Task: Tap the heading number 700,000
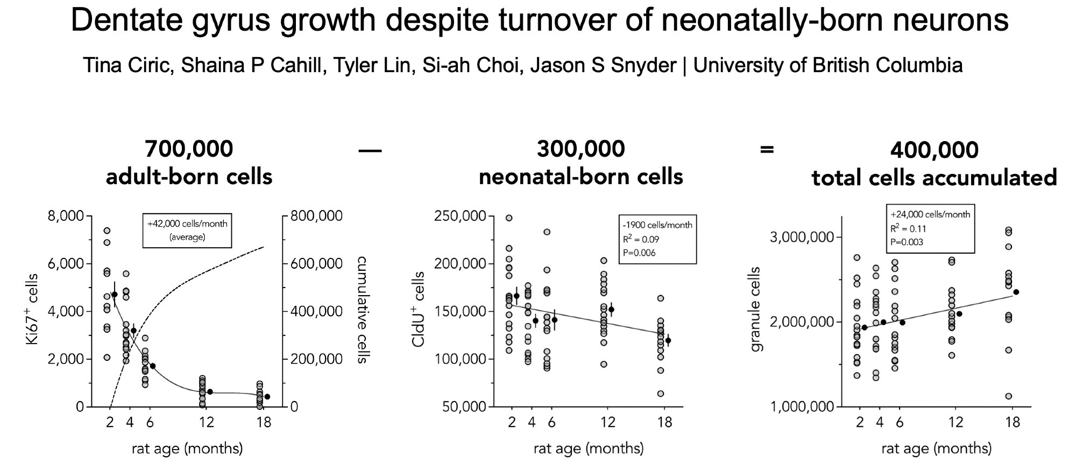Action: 189,149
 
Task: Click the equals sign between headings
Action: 767,149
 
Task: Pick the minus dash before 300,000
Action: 370,151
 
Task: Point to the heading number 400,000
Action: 934,150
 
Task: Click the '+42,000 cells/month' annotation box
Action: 187,230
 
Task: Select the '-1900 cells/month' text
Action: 657,225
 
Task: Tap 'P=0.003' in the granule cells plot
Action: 907,242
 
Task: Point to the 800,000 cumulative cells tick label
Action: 316,216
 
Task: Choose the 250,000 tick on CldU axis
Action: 464,216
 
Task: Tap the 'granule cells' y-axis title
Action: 757,310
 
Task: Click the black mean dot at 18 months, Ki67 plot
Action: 267,396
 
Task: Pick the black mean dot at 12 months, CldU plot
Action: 611,310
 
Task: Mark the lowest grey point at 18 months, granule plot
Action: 1008,396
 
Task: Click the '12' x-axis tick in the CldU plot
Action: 607,422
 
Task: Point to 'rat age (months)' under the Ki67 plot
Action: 187,448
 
